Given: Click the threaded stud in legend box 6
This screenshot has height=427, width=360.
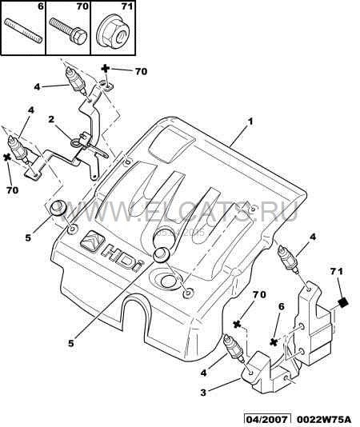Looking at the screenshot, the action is tap(23, 30).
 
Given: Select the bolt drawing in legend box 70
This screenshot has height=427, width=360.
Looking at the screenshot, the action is tap(68, 31).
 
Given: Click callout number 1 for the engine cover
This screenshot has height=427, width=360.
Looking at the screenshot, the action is tap(250, 122).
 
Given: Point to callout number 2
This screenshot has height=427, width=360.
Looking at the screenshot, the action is tap(51, 119).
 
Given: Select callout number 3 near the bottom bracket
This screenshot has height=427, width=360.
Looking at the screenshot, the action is tap(203, 393).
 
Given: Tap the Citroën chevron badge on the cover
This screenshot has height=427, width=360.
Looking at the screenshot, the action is tap(92, 241).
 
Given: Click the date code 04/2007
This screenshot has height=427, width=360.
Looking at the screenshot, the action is tap(266, 418).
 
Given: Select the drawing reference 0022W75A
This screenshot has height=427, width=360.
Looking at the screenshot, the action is tap(323, 418).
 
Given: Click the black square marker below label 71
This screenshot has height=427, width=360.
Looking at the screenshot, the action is tap(343, 302).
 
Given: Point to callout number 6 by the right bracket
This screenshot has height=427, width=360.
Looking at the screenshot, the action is tap(281, 306).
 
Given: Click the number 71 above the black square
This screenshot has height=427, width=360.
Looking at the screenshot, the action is tap(337, 271).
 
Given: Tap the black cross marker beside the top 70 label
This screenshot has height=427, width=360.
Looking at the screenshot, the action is tap(106, 68).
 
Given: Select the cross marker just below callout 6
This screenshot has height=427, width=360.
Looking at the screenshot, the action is tap(274, 342).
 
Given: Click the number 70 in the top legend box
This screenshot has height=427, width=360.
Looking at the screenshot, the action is tap(82, 6).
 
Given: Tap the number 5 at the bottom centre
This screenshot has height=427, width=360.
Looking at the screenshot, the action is tap(71, 343).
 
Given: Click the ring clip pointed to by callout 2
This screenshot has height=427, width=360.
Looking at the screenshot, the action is tap(75, 142).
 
